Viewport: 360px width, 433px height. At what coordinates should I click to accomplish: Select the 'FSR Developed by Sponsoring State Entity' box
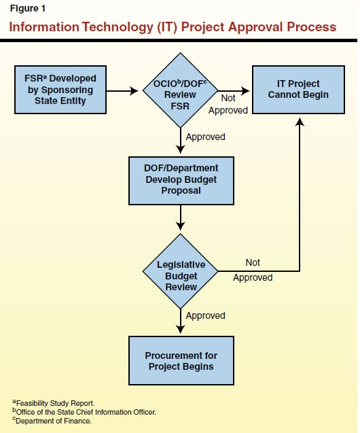pyautogui.click(x=56, y=90)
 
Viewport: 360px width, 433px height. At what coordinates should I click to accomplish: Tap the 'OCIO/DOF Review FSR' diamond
pyautogui.click(x=180, y=90)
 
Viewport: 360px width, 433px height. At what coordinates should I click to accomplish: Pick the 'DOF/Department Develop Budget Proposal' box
pyautogui.click(x=181, y=180)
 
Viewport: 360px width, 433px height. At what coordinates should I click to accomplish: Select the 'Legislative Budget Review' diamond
pyautogui.click(x=181, y=275)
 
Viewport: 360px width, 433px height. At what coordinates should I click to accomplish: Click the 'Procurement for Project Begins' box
pyautogui.click(x=181, y=361)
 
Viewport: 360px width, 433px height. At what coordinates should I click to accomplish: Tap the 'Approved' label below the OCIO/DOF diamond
pyautogui.click(x=205, y=137)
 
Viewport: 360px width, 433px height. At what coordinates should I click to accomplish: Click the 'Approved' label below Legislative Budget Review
pyautogui.click(x=205, y=315)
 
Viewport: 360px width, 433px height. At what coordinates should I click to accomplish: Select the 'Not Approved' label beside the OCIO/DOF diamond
pyautogui.click(x=228, y=104)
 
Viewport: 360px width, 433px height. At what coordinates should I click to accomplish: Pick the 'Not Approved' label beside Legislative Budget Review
pyautogui.click(x=253, y=270)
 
